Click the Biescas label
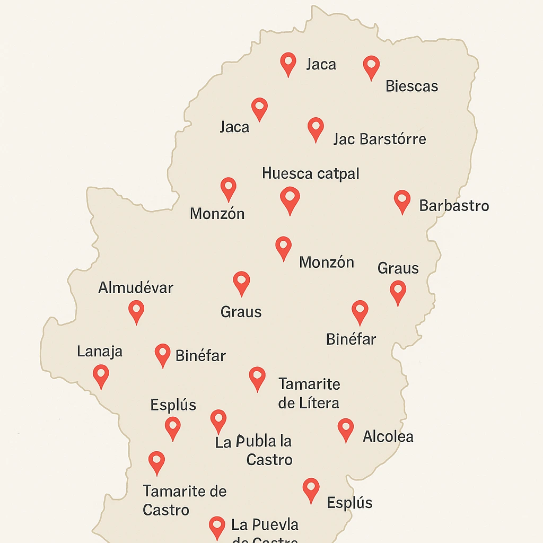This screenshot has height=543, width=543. [x=412, y=86]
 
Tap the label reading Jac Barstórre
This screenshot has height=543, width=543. [x=380, y=139]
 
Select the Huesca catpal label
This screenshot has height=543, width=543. [x=311, y=173]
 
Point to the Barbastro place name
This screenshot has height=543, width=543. [x=454, y=206]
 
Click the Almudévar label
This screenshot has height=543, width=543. [x=136, y=288]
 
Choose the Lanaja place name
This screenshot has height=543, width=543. [x=100, y=351]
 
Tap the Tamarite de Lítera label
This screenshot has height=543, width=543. [x=309, y=393]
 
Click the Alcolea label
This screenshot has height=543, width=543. [x=388, y=436]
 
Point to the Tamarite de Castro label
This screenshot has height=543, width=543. [x=185, y=500]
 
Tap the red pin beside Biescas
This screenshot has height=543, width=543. [x=371, y=67]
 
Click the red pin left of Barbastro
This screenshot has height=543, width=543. [x=402, y=201]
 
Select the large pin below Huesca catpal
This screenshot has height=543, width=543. [x=290, y=199]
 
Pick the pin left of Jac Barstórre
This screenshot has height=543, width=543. [x=316, y=128]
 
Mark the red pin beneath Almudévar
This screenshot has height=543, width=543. [x=136, y=311]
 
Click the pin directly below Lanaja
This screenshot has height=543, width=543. [x=101, y=375]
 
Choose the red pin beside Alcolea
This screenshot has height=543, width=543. [x=346, y=428]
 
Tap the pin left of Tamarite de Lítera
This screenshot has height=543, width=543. [x=257, y=378]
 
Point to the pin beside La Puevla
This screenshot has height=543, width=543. [x=217, y=527]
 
